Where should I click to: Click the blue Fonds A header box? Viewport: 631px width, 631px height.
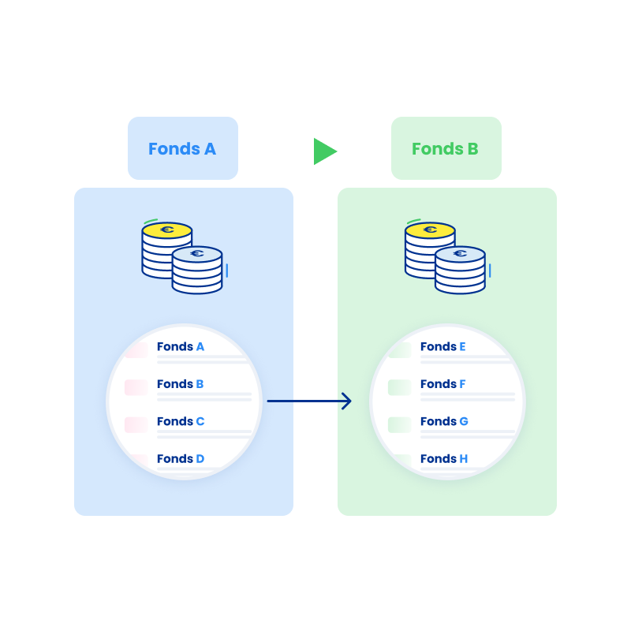182,148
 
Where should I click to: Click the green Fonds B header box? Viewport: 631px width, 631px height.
446,148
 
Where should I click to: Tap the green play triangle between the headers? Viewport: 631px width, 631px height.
323,151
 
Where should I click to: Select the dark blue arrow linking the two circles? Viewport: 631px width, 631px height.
309,401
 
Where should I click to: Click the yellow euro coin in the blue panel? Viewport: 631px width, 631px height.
166,230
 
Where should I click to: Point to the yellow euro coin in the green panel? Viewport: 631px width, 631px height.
430,230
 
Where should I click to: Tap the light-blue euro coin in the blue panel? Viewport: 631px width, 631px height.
197,254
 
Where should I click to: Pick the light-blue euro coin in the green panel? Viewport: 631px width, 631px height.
461,254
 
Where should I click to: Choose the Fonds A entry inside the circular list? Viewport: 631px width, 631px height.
181,346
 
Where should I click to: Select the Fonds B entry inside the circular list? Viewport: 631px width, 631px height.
181,384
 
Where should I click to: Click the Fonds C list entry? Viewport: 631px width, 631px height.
181,421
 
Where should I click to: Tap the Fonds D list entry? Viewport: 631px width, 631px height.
181,458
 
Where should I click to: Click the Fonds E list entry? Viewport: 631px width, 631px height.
443,346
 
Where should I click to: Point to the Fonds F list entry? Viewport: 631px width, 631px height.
443,384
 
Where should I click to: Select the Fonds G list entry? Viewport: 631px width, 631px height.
444,421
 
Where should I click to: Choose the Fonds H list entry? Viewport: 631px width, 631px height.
444,458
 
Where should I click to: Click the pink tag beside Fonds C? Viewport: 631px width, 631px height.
136,424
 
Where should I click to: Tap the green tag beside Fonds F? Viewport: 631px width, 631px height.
399,387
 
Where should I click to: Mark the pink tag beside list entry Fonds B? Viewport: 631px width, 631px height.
136,387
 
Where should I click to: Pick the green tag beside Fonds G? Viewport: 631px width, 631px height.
399,424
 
